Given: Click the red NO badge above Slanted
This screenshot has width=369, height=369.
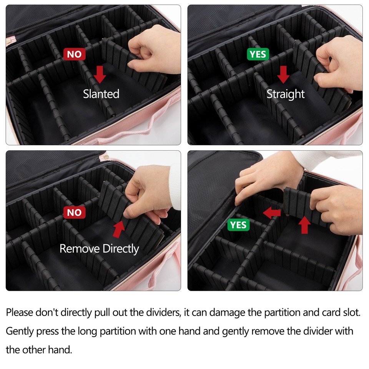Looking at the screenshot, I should (x=75, y=54).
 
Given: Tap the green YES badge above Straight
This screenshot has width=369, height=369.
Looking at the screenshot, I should (x=258, y=54).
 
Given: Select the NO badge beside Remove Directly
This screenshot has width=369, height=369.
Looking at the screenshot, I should (x=75, y=213).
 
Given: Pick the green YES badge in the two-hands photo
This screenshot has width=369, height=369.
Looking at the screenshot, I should (x=238, y=224).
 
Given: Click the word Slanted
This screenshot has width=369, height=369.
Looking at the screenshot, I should (x=101, y=94).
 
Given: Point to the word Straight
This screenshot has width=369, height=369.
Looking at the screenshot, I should (x=285, y=94).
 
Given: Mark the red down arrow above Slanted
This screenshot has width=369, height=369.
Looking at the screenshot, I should (x=100, y=74).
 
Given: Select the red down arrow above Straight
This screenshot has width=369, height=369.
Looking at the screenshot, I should (x=283, y=74).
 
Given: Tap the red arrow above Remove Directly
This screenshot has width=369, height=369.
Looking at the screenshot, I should (x=119, y=229).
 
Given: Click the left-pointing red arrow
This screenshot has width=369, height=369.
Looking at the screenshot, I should (x=272, y=213).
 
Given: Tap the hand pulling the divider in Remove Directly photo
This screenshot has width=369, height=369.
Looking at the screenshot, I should (x=148, y=196).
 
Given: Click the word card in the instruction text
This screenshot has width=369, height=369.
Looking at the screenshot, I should (x=325, y=312).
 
